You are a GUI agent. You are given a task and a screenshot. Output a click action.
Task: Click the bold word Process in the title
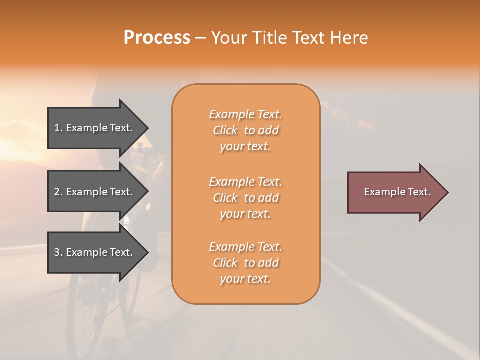coord(157,38)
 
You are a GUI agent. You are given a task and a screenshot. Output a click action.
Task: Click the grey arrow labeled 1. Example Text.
coord(95,128)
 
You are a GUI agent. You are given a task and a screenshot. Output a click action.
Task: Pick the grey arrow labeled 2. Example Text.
coord(95,192)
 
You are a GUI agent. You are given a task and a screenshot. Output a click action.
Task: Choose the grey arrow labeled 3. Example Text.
coord(95,252)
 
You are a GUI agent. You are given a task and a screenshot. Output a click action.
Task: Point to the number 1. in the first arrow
coord(58,128)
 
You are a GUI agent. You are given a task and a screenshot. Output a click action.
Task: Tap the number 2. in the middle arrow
coord(58,192)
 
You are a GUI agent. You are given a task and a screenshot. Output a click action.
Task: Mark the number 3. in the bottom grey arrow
coord(58,252)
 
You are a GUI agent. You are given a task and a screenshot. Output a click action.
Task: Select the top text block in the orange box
coord(245,130)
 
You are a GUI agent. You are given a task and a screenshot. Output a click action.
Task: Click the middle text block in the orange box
coord(245,198)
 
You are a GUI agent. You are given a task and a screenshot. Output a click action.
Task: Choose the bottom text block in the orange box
coord(245,263)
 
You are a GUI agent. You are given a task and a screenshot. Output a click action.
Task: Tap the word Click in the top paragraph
coord(225,130)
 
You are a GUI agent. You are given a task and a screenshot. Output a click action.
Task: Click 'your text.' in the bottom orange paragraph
coord(245,279)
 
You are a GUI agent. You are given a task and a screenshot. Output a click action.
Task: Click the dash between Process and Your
coord(200,38)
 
